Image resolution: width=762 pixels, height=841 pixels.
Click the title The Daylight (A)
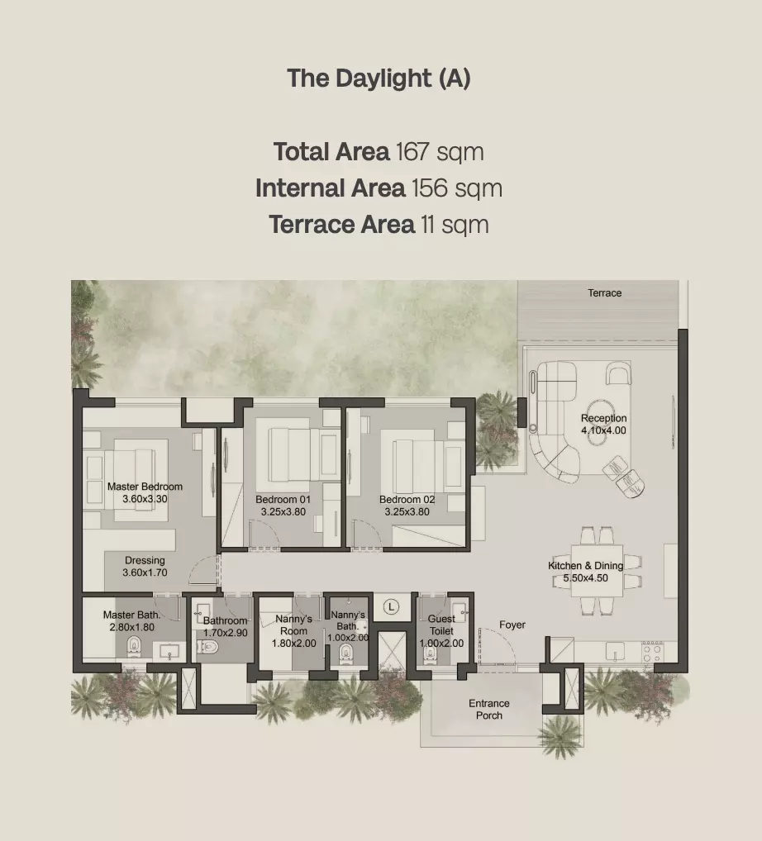pos(379,78)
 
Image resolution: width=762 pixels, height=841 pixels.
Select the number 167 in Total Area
pos(412,152)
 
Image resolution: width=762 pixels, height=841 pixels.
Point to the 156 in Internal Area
pos(429,188)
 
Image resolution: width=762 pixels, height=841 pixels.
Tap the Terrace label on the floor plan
pos(605,292)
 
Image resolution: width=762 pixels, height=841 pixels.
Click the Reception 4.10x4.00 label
pos(603,425)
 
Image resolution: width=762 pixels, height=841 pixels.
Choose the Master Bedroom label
pos(145,487)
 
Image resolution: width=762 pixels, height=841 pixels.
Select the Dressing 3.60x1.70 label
pos(145,567)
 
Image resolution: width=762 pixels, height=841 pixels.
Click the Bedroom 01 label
pos(283,499)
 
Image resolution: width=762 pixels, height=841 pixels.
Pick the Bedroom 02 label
pos(407,499)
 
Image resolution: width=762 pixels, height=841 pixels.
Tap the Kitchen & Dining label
pos(585,565)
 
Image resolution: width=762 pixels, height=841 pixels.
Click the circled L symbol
pos(391,607)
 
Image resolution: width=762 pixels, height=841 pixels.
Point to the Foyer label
pos(512,625)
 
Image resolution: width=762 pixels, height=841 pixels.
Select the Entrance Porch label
pos(489,709)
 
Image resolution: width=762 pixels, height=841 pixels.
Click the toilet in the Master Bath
pos(134,647)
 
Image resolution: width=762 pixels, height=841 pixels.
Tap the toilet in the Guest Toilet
pos(429,653)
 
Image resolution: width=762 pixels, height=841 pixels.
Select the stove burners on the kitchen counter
pos(652,652)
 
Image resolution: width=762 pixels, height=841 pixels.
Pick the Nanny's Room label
pos(293,631)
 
